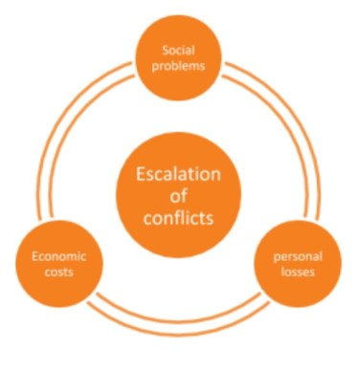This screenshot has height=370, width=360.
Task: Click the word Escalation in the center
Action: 179,175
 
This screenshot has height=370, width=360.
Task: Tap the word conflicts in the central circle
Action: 179,217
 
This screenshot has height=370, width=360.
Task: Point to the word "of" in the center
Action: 179,196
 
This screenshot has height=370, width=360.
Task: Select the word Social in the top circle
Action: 179,50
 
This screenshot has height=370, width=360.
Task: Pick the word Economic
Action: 59,255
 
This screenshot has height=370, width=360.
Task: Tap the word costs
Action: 59,272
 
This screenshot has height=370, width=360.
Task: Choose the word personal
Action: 296,256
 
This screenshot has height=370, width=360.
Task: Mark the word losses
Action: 296,272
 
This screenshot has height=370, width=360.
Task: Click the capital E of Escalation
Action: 140,175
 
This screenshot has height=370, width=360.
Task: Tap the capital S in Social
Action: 166,50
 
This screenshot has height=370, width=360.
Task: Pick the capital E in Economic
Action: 35,255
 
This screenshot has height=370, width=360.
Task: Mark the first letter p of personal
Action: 277,257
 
